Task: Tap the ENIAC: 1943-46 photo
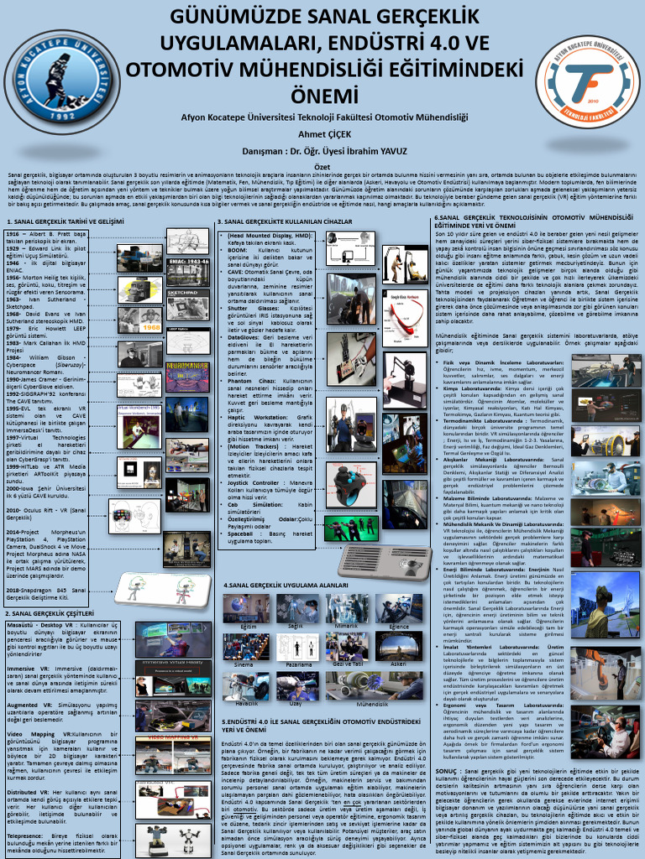pyautogui.click(x=187, y=270)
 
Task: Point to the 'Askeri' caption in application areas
pyautogui.click(x=399, y=663)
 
